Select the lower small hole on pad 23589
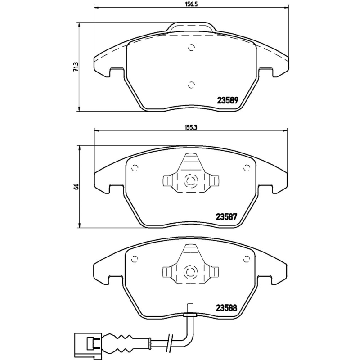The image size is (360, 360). click(x=191, y=85)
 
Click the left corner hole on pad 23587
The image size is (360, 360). click(x=134, y=168)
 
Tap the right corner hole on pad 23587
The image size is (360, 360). click(x=246, y=168)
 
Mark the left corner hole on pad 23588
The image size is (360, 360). click(x=134, y=259)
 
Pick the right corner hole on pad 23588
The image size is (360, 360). click(x=246, y=259)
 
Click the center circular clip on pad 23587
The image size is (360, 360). click(x=190, y=182)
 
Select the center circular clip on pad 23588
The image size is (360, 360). click(x=190, y=272)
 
